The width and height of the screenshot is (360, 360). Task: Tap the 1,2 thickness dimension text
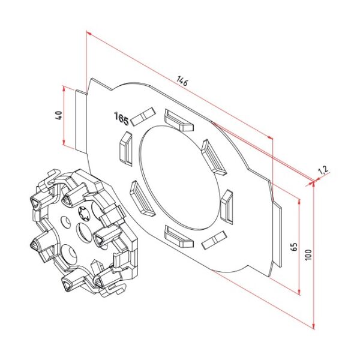[x=322, y=171]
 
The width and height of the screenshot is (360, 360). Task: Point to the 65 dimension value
[x=293, y=247]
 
